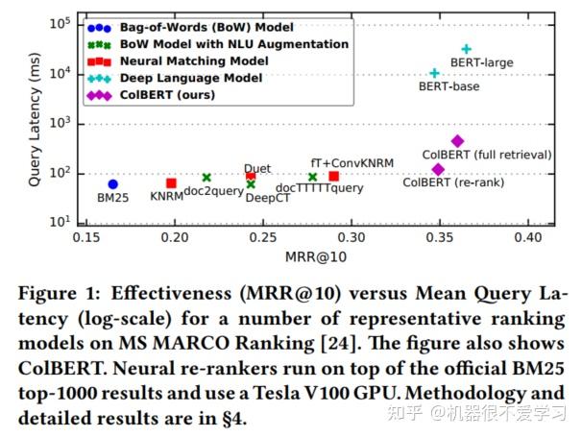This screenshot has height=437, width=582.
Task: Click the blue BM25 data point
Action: point(113,184)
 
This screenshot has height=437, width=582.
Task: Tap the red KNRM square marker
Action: point(171,183)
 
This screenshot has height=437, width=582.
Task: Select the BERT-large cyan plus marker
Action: point(467,49)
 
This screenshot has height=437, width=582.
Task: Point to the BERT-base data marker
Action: point(434,73)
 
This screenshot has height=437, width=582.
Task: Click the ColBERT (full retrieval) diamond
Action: point(457,141)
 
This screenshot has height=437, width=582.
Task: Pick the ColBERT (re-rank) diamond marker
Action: point(438,170)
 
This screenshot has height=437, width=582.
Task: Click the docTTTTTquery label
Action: point(320,188)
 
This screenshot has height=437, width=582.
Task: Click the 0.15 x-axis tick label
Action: point(86,236)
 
